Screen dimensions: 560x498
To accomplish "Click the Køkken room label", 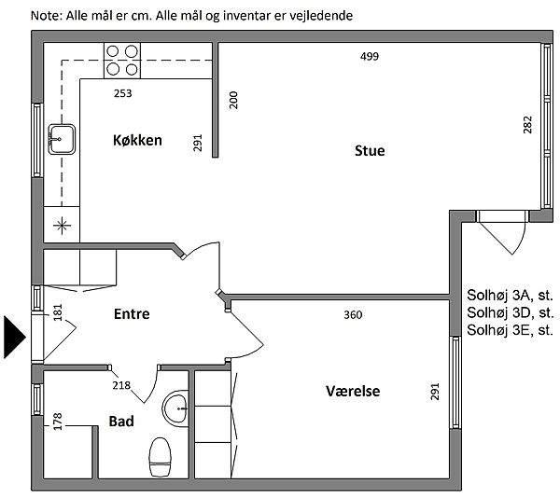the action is coord(137,140).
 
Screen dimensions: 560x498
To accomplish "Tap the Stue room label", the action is coord(370,150).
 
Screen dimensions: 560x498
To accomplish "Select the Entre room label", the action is coord(132,314).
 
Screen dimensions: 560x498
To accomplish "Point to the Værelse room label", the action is coord(353,391).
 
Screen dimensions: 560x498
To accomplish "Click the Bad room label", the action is coord(121,422).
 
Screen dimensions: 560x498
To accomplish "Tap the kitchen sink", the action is coord(62,139).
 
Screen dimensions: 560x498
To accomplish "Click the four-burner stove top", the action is coord(122,61).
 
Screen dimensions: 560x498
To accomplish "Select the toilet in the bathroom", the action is coord(160,457).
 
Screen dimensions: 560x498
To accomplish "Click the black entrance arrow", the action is coord(15,337).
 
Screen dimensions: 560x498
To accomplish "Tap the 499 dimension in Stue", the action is coord(370,56).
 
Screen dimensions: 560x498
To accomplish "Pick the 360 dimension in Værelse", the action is coord(353,315).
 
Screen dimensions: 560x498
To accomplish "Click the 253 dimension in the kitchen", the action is coord(123,93).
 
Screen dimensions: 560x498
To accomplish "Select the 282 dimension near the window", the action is coord(527,125).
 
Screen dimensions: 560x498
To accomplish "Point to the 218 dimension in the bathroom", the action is coord(121,385).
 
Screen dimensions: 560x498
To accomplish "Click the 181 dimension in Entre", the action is coord(58,312).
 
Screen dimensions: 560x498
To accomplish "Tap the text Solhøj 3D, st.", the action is coord(511,312).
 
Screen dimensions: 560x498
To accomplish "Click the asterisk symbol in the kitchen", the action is coord(62,226).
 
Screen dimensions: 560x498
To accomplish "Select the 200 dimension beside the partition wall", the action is coord(233,100).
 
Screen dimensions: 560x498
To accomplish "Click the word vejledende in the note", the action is coord(321,16).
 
